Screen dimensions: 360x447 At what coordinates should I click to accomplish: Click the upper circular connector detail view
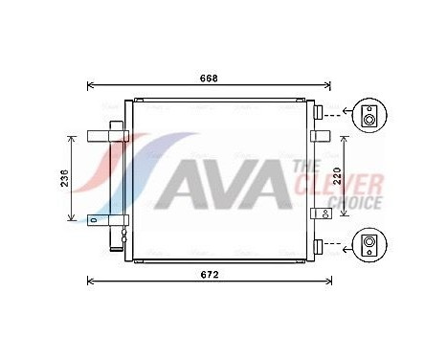(369, 116)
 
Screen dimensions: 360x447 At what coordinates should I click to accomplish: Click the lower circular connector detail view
(369, 243)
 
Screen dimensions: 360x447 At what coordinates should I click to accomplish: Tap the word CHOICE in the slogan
(355, 201)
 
